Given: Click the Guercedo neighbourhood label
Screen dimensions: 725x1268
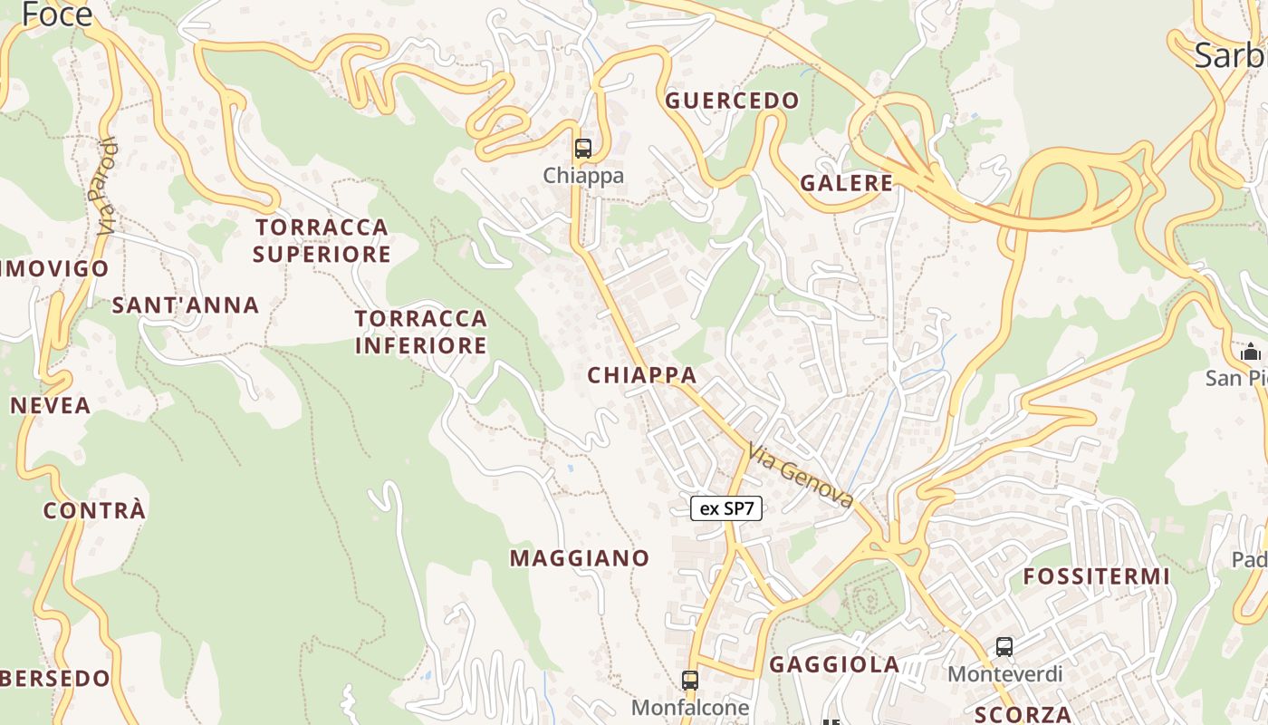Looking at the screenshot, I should [x=733, y=101].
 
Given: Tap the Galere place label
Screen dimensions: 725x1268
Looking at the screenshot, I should [x=847, y=183].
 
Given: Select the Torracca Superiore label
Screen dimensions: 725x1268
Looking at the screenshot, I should [x=322, y=240].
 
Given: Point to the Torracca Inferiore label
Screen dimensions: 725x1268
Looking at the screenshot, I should [x=421, y=332].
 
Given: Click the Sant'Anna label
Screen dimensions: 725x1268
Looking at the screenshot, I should [x=186, y=305].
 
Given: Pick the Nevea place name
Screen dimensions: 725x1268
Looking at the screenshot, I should [x=51, y=405].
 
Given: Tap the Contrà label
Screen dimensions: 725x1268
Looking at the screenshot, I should [x=94, y=510].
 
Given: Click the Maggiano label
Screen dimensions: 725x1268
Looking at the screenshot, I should [x=580, y=558].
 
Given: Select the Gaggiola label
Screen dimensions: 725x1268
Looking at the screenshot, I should [x=834, y=665].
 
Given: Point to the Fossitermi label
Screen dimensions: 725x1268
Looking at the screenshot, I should [x=1097, y=576].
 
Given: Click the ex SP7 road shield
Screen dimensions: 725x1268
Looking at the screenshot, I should [x=726, y=508].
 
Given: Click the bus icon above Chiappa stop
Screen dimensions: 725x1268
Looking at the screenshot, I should [x=583, y=149].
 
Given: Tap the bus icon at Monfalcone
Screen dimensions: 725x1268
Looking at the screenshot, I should [x=690, y=680].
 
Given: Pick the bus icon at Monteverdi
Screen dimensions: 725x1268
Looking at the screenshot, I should [x=1004, y=647].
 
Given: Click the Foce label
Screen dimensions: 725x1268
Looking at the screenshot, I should [x=57, y=14].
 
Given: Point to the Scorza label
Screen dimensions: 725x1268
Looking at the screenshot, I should [x=1023, y=713].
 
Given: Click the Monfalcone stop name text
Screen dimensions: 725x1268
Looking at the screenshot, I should [x=690, y=707].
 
